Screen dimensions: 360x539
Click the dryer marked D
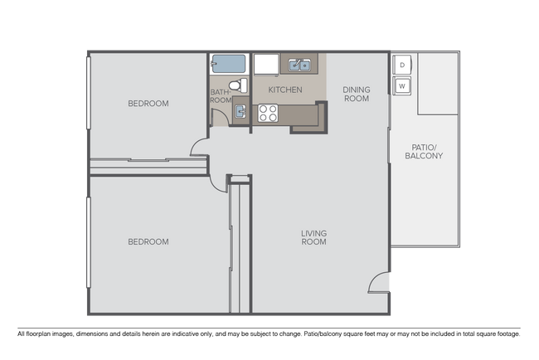(402, 65)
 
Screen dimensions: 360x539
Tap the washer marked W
(402, 85)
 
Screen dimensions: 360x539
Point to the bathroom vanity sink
(239, 110)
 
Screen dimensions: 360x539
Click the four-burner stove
(267, 113)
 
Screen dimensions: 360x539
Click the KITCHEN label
(284, 90)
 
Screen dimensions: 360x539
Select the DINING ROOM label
(356, 94)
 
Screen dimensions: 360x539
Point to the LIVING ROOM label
(313, 238)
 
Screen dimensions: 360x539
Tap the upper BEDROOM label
(148, 104)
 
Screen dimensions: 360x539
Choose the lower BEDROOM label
(148, 242)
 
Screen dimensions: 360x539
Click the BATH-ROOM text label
(220, 96)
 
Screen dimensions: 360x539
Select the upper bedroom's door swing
(199, 147)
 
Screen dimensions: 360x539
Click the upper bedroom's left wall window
(87, 92)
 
